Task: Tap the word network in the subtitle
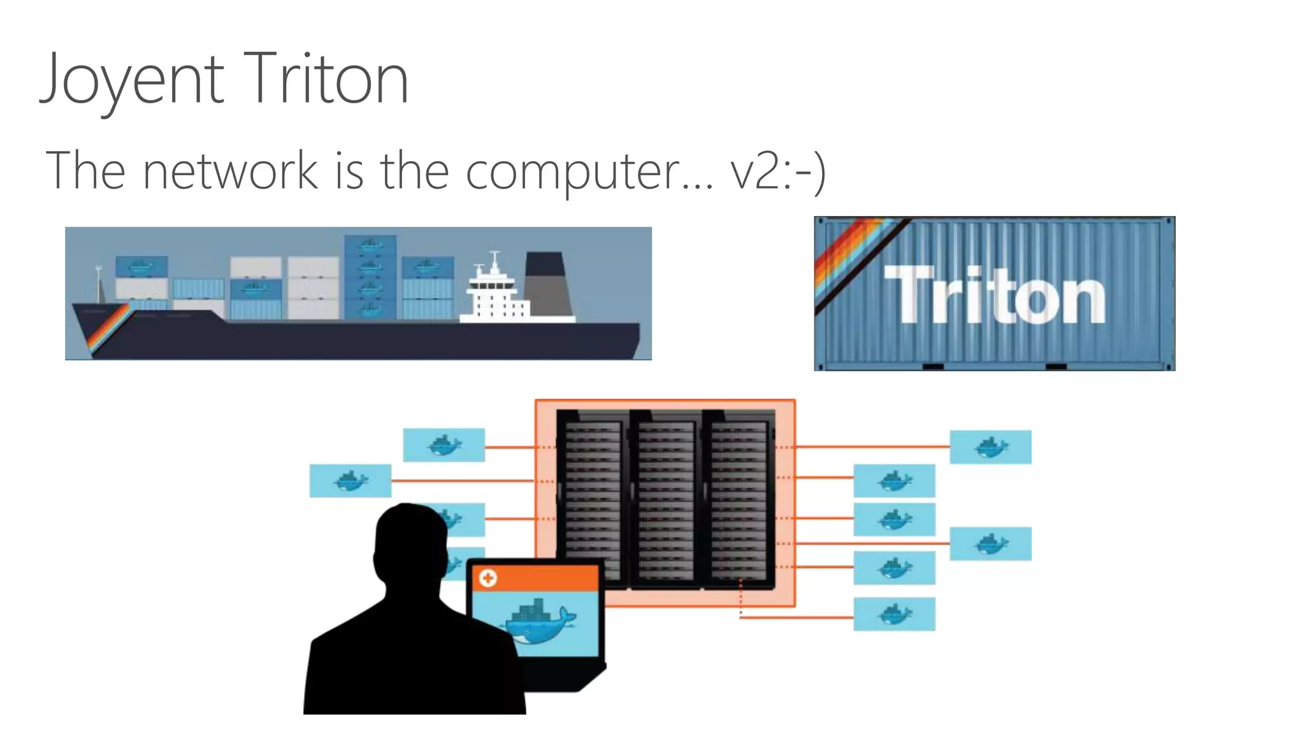click(230, 171)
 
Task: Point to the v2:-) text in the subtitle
click(778, 171)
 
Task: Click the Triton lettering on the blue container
click(994, 295)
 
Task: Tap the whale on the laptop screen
click(542, 621)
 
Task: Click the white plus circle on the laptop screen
click(488, 579)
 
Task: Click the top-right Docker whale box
click(990, 447)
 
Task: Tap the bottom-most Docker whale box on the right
click(894, 614)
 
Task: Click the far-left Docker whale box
click(350, 481)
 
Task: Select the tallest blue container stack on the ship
click(370, 277)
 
